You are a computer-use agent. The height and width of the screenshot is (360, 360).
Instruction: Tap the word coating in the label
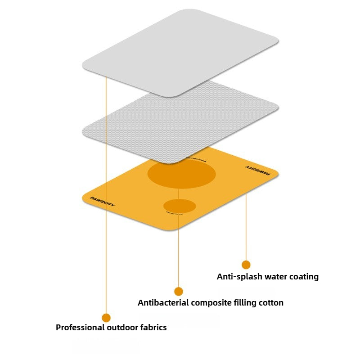coord(303,277)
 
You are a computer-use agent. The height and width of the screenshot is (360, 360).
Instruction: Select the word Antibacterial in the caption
coord(163,303)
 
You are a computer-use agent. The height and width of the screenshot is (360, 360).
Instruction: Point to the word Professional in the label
coord(79,328)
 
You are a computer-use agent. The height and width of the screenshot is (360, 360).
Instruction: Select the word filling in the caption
coord(243,303)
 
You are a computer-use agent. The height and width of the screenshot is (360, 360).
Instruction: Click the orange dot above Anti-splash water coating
coord(246,265)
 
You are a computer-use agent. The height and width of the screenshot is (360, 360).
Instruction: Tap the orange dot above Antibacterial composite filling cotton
coord(179,291)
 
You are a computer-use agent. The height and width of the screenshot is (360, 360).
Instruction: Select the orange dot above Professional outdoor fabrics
coord(106,318)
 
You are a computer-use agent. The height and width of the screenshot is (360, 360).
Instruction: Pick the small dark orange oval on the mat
coord(180,206)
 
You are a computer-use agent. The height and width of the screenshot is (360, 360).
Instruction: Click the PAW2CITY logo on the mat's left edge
coord(103,201)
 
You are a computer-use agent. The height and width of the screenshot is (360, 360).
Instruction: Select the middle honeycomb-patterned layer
coord(180,121)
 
